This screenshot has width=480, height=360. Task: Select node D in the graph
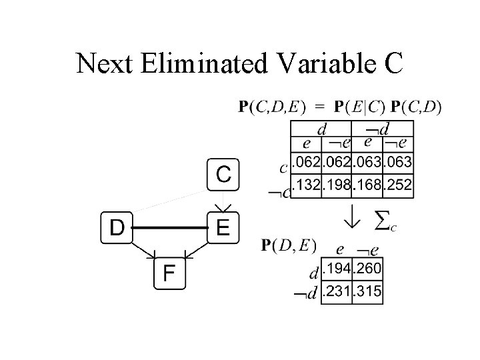coord(116,227)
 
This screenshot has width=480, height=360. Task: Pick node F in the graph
coord(169,273)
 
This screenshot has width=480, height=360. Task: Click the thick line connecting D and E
coord(169,227)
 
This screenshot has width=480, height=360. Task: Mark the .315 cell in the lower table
coord(367,291)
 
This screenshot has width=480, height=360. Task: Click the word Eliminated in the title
coord(205,64)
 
